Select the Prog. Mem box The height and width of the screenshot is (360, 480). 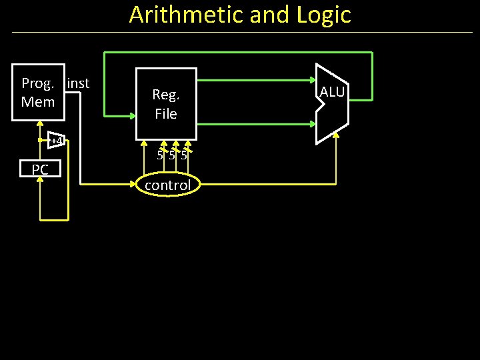pyautogui.click(x=39, y=93)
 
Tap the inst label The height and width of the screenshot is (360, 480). pyautogui.click(x=78, y=83)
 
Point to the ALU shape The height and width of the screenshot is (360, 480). pyautogui.click(x=331, y=103)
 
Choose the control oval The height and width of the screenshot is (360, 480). pyautogui.click(x=167, y=185)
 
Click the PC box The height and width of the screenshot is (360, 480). pyautogui.click(x=40, y=170)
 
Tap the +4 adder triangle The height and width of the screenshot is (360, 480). pyautogui.click(x=57, y=141)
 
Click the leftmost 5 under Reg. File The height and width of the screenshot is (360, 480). pyautogui.click(x=160, y=156)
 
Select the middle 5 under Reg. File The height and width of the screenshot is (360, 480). pyautogui.click(x=172, y=156)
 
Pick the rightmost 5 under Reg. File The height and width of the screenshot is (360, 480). pyautogui.click(x=183, y=156)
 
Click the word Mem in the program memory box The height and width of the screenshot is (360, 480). pyautogui.click(x=38, y=102)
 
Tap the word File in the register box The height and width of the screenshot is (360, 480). pyautogui.click(x=166, y=114)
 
